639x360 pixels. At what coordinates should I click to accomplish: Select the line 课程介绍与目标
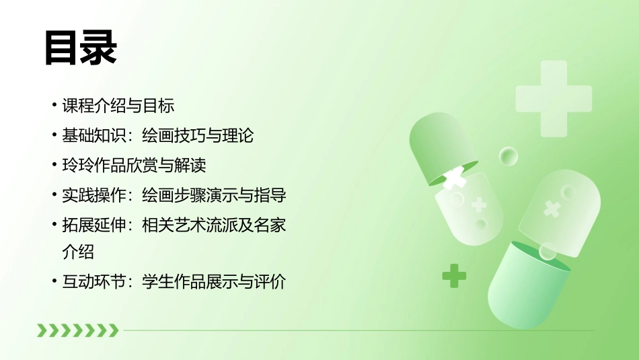click(x=118, y=106)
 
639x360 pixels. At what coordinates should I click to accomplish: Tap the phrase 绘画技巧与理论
click(x=198, y=135)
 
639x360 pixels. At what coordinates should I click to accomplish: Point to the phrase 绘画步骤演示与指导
click(x=214, y=195)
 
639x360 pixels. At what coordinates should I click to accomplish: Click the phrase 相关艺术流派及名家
click(x=214, y=225)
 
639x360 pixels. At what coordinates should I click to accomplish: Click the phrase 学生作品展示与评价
click(x=214, y=282)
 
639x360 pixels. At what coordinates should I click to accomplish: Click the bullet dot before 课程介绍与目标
click(x=54, y=106)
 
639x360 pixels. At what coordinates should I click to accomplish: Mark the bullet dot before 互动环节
click(x=54, y=282)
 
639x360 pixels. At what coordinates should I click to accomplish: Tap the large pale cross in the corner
click(x=553, y=98)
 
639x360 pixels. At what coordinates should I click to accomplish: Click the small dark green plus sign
click(x=454, y=275)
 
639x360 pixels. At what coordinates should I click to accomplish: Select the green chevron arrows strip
click(x=77, y=330)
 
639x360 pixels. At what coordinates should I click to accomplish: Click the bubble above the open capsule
click(x=509, y=157)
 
